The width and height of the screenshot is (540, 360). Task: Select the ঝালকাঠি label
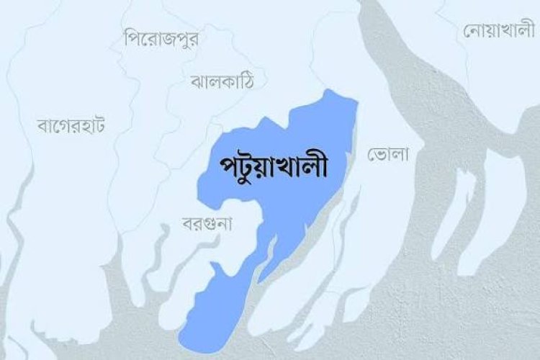(x=223, y=78)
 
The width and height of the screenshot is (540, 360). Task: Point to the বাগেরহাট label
(x=70, y=125)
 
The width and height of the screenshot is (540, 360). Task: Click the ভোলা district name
(x=388, y=153)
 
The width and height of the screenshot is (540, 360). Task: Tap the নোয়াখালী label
(x=499, y=32)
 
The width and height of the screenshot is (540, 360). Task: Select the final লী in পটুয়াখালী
(x=317, y=166)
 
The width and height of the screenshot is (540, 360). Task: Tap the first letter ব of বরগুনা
(x=190, y=223)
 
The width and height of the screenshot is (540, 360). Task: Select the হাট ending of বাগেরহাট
(x=93, y=125)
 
